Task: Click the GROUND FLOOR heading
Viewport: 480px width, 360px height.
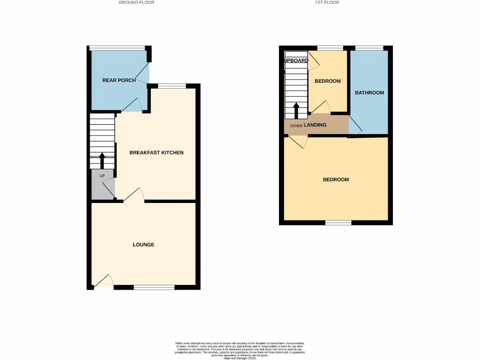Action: click(136, 2)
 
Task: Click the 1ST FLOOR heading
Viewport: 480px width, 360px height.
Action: click(327, 2)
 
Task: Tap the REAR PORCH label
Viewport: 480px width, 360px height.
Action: click(119, 80)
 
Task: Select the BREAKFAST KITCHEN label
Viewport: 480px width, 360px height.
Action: click(156, 153)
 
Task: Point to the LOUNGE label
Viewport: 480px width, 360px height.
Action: click(143, 245)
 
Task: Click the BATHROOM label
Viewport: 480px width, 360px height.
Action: click(369, 93)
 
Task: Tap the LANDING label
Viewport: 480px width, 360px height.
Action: click(315, 125)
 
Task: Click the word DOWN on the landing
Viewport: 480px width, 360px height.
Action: click(296, 126)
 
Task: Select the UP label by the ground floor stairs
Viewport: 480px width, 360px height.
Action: click(102, 176)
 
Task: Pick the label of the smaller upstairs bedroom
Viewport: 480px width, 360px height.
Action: click(328, 81)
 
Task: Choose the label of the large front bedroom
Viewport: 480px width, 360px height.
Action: click(336, 180)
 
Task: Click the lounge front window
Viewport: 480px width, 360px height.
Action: click(154, 287)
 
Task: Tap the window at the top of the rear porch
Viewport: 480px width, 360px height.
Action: click(117, 47)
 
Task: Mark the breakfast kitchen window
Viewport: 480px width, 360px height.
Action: click(172, 86)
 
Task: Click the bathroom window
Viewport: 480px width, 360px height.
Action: click(369, 48)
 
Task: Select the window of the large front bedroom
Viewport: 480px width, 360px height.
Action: click(338, 222)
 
